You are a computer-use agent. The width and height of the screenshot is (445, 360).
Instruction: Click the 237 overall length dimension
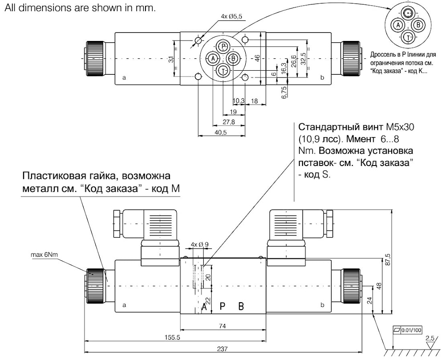coord(222,349)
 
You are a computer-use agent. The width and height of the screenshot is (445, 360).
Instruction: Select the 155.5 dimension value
coord(173,337)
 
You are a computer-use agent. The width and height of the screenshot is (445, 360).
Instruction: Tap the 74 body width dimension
coord(222,326)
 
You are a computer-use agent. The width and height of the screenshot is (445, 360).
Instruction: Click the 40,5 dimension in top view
coord(221,132)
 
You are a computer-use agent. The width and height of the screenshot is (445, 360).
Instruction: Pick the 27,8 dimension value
coord(229,122)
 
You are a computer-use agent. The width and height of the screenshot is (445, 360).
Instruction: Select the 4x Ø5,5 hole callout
coord(231,16)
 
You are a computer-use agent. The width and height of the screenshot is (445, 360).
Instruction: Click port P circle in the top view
coord(223,46)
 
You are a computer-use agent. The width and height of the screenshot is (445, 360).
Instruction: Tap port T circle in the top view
coord(223,71)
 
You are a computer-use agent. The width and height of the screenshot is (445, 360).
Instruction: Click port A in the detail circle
coord(398,25)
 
